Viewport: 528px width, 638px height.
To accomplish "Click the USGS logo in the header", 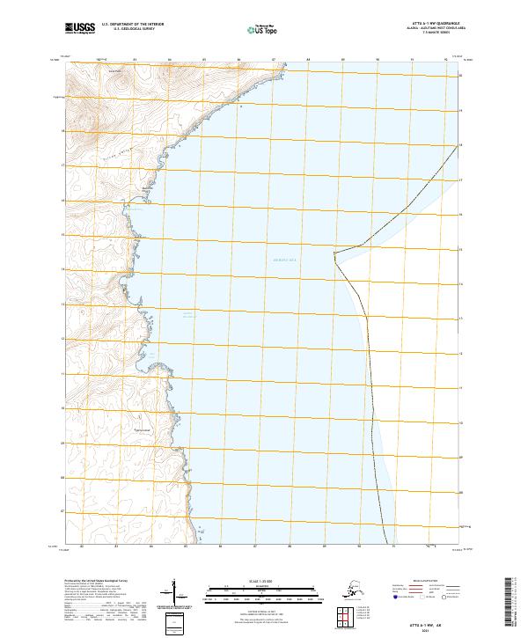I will tap(78, 29).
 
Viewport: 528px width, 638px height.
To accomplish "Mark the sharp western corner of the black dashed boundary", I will tap(334, 254).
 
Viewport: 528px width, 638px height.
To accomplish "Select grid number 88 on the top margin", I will tap(308, 60).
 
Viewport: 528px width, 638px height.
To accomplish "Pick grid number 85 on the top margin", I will tap(204, 60).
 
